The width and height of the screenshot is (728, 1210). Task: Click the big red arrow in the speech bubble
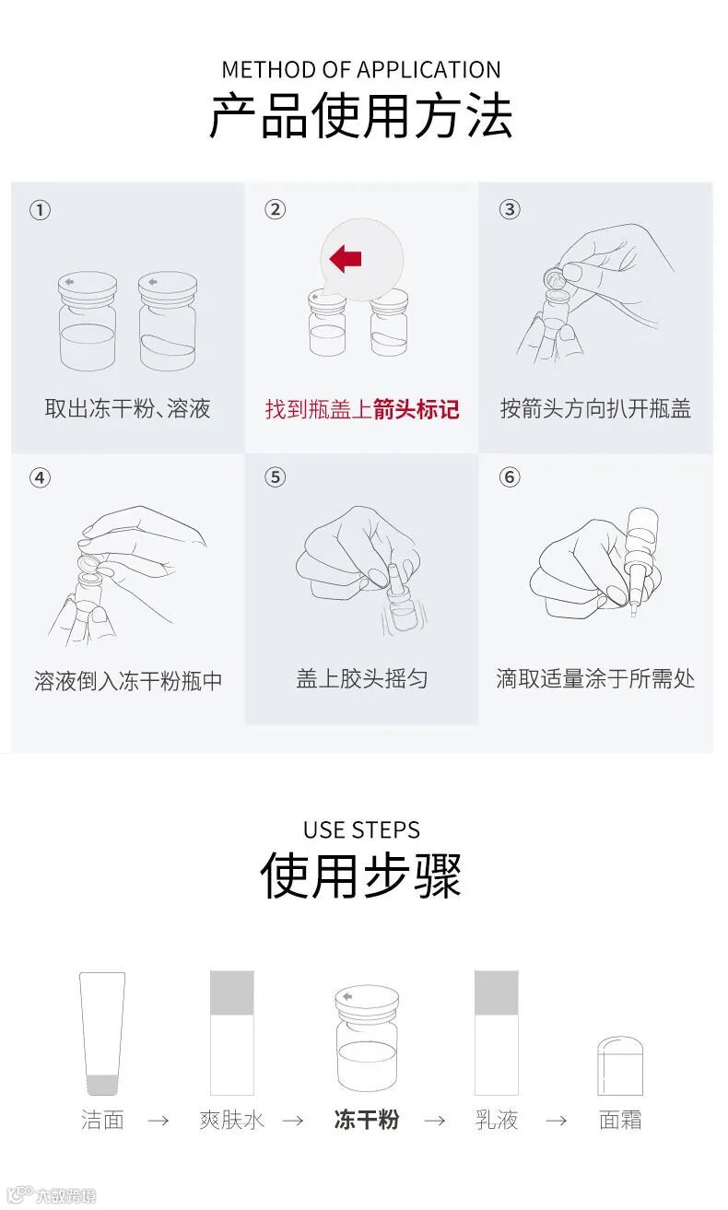coord(345,258)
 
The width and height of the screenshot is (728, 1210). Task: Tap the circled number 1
coord(40,210)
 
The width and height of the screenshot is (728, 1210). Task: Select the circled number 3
coord(510,209)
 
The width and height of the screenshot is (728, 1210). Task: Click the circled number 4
coord(40,477)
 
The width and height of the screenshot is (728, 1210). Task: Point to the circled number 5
coord(275,477)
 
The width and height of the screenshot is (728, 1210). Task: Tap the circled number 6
coord(510,477)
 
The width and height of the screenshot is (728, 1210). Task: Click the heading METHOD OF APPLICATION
coord(361,70)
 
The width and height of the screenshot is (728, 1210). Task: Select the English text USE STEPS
coord(361,830)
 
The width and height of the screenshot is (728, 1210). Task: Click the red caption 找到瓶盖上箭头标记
coord(362,409)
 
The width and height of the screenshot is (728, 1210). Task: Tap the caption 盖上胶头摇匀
coord(362,679)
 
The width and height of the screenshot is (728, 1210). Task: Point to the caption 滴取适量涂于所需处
coord(595,679)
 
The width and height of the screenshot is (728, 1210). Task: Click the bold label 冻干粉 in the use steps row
coord(367,1120)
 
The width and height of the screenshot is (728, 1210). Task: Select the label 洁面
coord(102,1120)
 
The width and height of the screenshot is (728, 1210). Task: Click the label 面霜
coord(620,1120)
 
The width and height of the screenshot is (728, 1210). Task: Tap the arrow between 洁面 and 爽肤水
coord(159,1121)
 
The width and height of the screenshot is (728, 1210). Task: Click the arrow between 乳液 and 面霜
coord(557,1121)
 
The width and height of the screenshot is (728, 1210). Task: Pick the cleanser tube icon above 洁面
coord(102,1033)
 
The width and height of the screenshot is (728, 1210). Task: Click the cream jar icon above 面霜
coord(620,1065)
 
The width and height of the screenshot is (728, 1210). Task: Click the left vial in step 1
coord(88,321)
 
